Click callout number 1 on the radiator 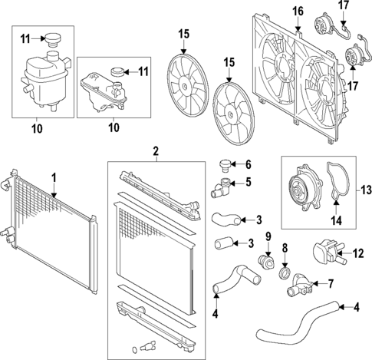54,177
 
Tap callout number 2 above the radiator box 156,151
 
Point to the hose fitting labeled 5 223,183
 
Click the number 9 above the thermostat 268,236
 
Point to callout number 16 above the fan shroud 298,11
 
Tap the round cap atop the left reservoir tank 54,41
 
